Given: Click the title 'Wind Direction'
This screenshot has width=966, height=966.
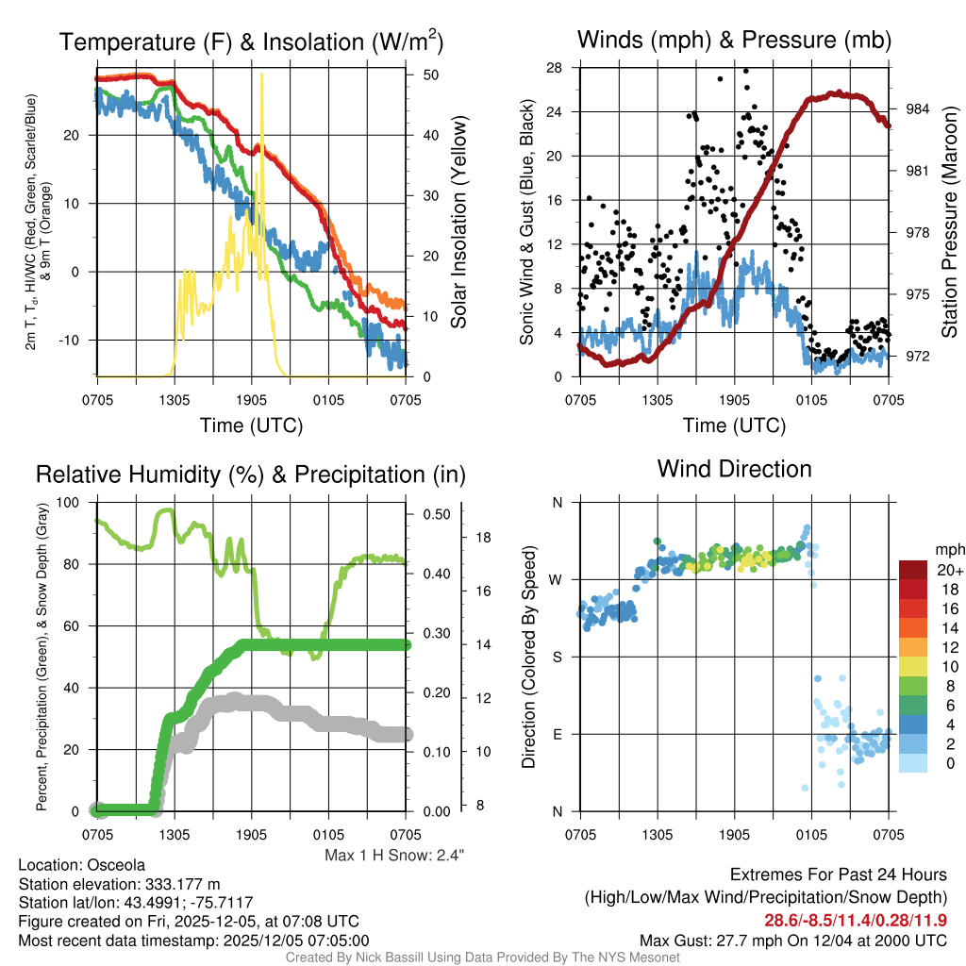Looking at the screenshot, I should click(x=734, y=469).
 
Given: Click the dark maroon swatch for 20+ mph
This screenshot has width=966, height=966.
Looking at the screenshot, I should click(x=912, y=570).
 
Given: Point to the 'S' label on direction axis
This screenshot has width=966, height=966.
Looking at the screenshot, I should click(x=558, y=657).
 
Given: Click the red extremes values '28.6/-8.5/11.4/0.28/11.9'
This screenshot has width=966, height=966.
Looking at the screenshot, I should click(x=855, y=920).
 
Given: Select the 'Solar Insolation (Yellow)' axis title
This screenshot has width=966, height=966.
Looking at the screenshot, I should click(x=459, y=222).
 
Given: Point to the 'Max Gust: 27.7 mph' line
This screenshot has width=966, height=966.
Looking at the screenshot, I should click(x=793, y=940).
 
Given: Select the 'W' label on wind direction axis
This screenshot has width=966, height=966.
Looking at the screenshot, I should click(x=557, y=579).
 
